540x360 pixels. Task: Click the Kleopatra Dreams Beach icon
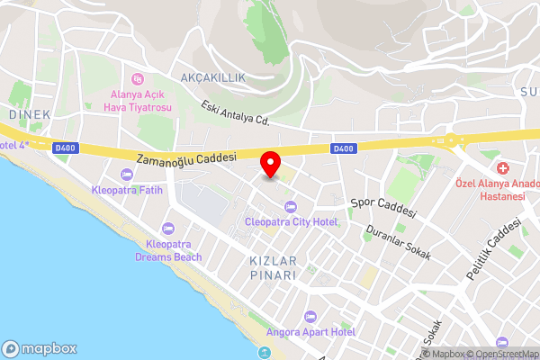point(168,228)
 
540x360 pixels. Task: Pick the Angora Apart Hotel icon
point(310,317)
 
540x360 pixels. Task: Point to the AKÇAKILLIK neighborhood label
point(213,78)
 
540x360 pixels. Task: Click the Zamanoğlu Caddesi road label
point(185,157)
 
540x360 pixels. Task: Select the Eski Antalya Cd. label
point(236,112)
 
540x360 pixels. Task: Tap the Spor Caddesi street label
point(383,207)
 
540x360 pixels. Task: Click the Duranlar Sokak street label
point(398,242)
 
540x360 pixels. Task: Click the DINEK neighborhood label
point(30,114)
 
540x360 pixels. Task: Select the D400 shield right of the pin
point(343,148)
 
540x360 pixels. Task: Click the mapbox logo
point(39,348)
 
